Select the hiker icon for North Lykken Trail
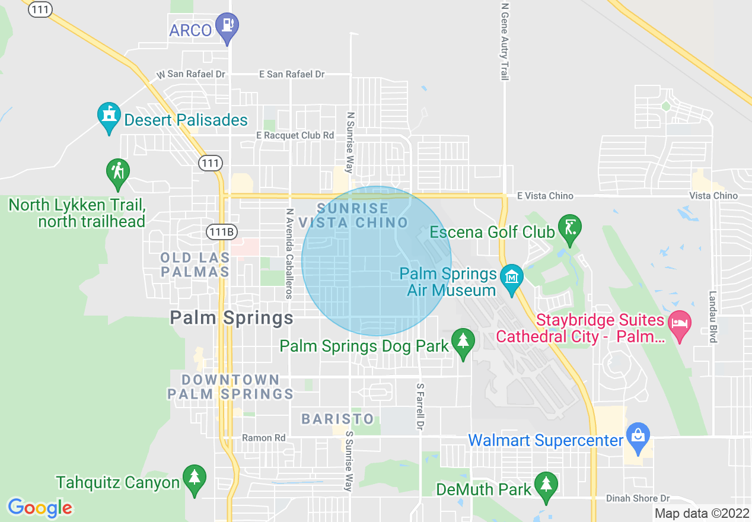(118, 172)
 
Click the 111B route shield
(221, 231)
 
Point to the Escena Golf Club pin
(569, 228)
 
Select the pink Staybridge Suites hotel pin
(680, 324)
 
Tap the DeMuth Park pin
(546, 485)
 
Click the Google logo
(40, 508)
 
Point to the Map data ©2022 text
(702, 513)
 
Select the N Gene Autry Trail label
(505, 42)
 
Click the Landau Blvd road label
(713, 317)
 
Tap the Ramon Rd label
(263, 438)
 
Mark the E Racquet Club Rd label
(295, 135)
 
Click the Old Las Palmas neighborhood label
(195, 265)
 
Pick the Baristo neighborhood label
(338, 419)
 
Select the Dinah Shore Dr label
(638, 498)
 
